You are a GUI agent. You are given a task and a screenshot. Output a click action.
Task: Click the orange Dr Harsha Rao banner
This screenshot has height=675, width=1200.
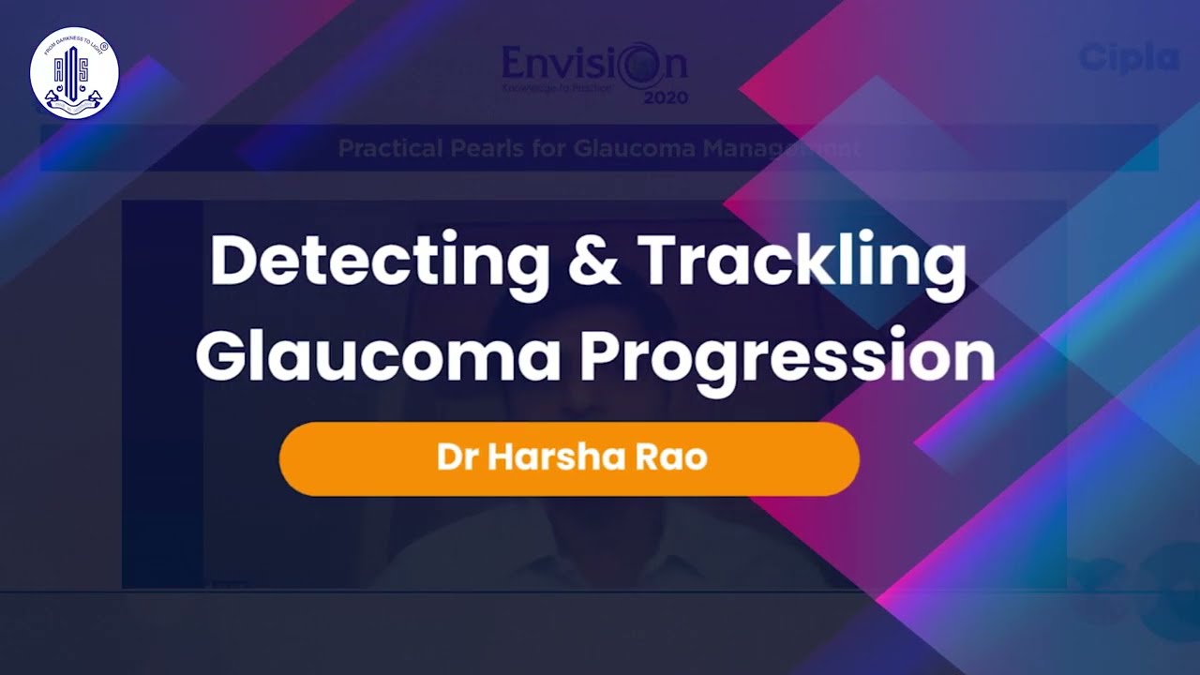[569, 458]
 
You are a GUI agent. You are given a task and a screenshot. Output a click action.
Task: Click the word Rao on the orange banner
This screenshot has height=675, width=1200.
[672, 458]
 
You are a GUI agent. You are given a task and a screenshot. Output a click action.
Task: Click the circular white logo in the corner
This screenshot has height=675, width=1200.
[74, 71]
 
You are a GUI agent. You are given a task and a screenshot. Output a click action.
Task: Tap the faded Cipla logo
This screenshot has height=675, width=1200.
[1128, 58]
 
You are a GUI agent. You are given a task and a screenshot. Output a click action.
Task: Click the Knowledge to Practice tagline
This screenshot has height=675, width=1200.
[557, 87]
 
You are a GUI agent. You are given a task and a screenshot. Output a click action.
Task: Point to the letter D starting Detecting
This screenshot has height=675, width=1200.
[231, 262]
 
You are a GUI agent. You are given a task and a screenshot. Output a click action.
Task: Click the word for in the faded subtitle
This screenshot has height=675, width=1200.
[559, 148]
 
